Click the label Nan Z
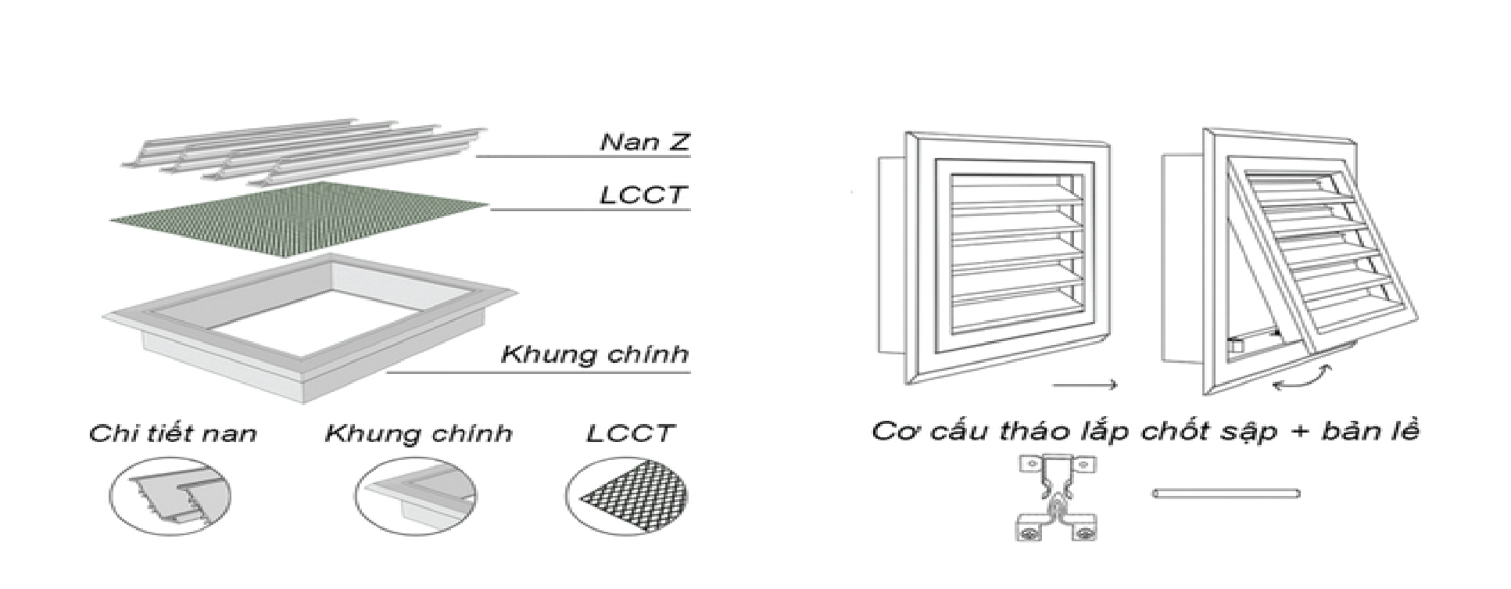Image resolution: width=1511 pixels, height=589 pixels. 645,142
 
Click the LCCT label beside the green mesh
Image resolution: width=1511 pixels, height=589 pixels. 643,195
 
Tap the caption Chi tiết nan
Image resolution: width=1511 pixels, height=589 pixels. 173,433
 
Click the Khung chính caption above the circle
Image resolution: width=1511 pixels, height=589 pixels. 419,433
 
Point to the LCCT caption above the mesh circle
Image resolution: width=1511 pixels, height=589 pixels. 629,433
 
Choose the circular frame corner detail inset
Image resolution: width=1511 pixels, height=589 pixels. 415,496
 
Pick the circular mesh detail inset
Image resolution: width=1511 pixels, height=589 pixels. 628,496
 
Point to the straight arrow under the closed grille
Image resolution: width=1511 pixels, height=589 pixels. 1084,384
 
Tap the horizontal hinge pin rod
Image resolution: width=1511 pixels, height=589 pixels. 1226,493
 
